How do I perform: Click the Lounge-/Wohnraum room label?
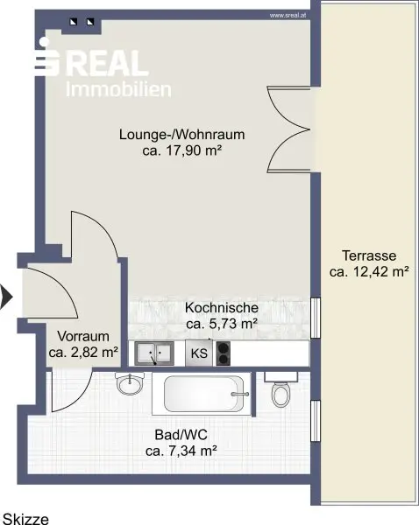click(x=181, y=135)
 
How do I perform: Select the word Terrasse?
click(x=369, y=255)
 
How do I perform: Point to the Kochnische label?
click(x=222, y=308)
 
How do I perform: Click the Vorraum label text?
click(x=83, y=336)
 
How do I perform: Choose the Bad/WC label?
click(x=181, y=435)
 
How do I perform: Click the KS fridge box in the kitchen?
click(x=199, y=353)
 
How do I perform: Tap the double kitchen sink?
click(x=154, y=353)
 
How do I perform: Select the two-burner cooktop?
click(x=223, y=353)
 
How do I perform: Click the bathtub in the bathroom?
click(x=202, y=394)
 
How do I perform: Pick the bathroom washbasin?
click(x=130, y=384)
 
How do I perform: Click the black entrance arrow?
click(x=6, y=297)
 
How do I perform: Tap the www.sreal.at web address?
click(x=288, y=16)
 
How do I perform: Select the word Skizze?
click(x=25, y=519)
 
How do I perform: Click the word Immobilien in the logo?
click(x=118, y=90)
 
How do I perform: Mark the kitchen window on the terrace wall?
click(x=316, y=318)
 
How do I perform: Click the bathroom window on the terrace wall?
click(x=316, y=421)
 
